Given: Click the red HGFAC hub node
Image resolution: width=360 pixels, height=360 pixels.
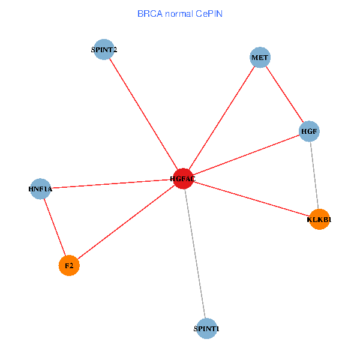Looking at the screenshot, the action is [x=182, y=178].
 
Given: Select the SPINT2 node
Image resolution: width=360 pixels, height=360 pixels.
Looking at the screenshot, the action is [x=104, y=50].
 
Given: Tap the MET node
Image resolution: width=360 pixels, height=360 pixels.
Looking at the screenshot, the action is [x=260, y=58].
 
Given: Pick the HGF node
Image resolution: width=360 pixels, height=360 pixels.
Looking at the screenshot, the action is [x=309, y=131].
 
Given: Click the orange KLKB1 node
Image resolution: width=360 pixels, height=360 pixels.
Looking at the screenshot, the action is [x=319, y=219].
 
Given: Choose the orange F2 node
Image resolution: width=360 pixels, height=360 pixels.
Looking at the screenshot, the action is [x=69, y=265].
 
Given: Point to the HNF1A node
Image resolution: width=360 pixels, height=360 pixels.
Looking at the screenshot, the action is [x=40, y=189].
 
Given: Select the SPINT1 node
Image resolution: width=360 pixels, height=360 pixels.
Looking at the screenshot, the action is [x=206, y=328].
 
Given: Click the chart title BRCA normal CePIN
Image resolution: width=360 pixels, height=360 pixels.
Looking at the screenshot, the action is [x=180, y=13].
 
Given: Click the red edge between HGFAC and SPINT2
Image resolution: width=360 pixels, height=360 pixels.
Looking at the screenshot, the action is [x=143, y=114].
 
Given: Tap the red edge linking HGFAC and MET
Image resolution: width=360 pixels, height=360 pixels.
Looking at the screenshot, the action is [x=221, y=118].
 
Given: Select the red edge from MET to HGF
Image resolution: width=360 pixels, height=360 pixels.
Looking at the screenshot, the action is [x=284, y=94].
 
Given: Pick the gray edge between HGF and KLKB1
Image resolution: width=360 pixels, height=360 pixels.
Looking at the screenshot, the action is [x=314, y=175].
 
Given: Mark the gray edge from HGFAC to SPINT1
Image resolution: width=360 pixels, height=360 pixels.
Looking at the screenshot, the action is [x=194, y=253].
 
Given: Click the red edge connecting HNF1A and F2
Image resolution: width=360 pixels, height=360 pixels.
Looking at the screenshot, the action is [x=55, y=227].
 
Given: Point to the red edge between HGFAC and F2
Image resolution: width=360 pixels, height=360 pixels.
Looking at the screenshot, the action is [x=126, y=221].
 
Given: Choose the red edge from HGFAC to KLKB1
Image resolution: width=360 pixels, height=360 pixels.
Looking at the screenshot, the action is [x=251, y=199].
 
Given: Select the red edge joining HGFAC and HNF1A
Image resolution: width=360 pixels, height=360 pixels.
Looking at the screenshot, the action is [x=111, y=184].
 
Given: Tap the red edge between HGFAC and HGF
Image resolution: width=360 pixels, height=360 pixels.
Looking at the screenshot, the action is [x=246, y=154].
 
